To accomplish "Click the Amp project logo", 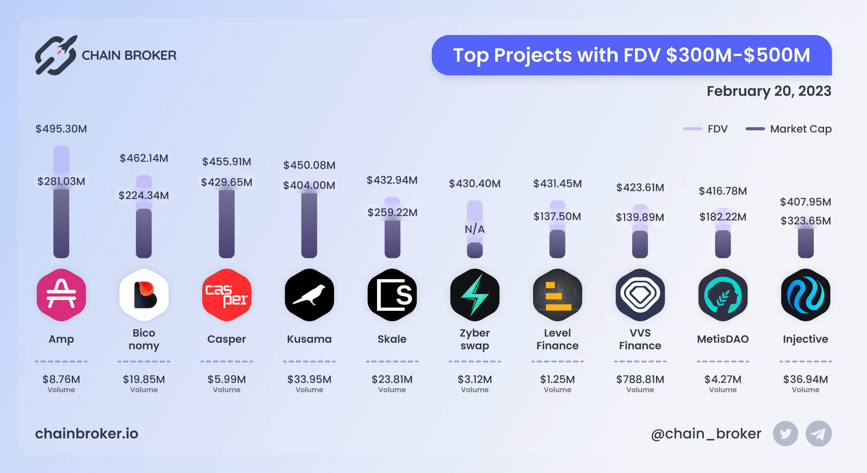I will pos(61,295).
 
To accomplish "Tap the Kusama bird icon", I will pos(309,295).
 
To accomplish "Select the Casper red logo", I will pos(226,295).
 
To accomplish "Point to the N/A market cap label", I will pos(475,229).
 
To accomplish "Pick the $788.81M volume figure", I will pos(640,379).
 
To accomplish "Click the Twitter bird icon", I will pos(785,434).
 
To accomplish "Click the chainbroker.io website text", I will pos(87,434).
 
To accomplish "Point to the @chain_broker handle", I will pos(706,434).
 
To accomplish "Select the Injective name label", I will pos(805,339).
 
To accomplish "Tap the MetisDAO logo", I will pos(723,295).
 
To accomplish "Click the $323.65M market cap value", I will pos(805,221).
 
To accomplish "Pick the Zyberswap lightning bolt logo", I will pos(475,295).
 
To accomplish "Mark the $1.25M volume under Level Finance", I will pos(557,379).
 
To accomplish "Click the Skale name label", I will pos(392,339).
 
